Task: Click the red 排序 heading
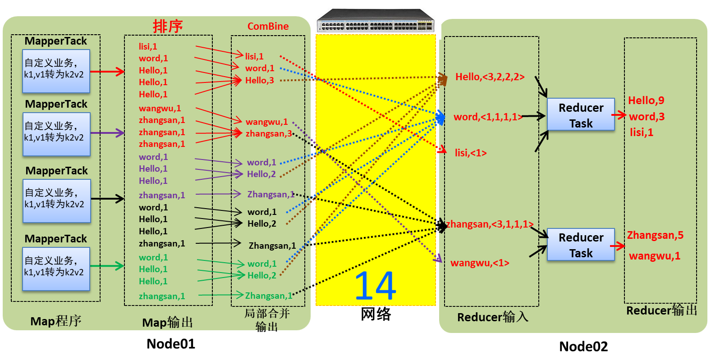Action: pos(168,26)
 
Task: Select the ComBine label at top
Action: pos(268,26)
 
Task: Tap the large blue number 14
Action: pos(375,286)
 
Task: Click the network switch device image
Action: pos(375,20)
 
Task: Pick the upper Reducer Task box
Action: pos(581,115)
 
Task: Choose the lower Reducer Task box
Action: pos(581,245)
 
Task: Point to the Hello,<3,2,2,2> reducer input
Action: pos(490,77)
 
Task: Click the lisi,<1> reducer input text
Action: pos(470,153)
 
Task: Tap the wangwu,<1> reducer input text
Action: pos(479,263)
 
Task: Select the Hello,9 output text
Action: pos(646,100)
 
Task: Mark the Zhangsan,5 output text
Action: pos(655,235)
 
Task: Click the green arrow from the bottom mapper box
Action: pos(107,266)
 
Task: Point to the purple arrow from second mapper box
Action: pos(107,133)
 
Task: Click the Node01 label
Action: pos(170,344)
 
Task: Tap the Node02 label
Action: pos(583,346)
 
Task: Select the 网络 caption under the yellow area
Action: pos(375,314)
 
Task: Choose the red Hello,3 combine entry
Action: pos(259,81)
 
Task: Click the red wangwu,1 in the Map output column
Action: pos(160,109)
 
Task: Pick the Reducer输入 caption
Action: pos(492,317)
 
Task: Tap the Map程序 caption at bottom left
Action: pos(55,321)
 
